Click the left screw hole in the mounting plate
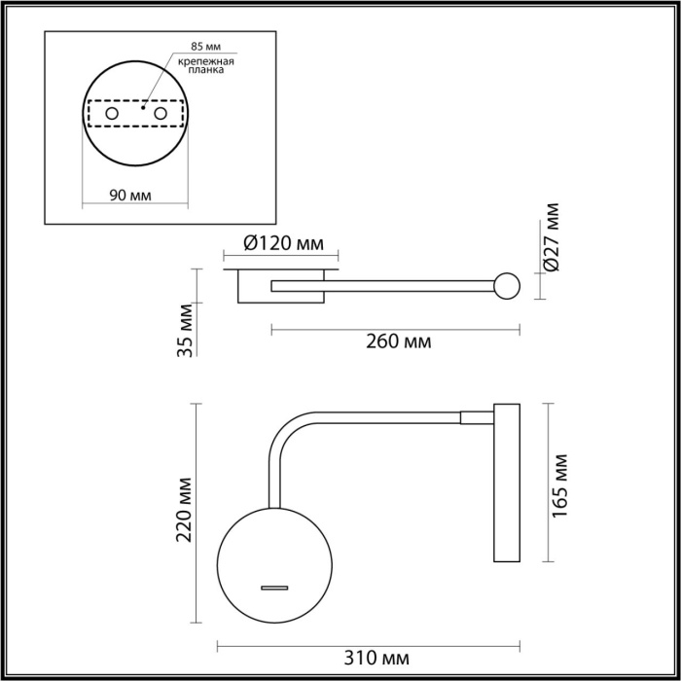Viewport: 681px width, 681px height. pos(113,116)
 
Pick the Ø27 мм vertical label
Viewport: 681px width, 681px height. pos(553,236)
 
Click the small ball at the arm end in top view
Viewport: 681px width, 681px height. pos(506,286)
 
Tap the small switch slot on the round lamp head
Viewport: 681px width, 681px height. pos(273,587)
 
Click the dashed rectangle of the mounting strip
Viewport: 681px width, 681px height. pos(136,116)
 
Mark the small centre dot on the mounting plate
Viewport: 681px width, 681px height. pos(142,109)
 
